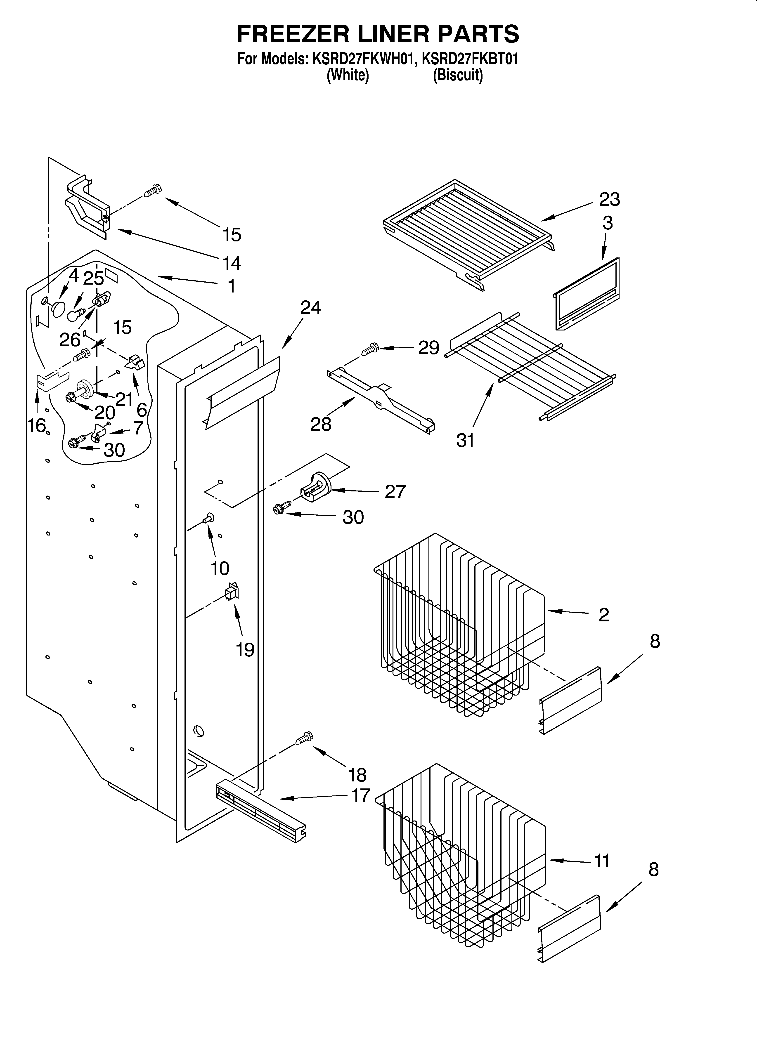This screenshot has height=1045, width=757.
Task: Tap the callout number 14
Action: click(x=232, y=263)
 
